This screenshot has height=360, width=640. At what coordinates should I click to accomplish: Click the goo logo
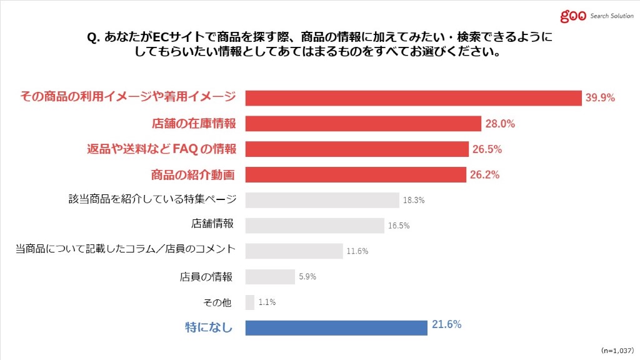point(573,16)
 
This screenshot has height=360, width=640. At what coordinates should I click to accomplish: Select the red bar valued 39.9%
point(414,98)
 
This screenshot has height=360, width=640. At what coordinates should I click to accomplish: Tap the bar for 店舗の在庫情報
point(363,124)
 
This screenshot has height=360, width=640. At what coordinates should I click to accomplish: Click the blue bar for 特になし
point(336,327)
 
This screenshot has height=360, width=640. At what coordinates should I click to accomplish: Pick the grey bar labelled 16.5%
point(314,225)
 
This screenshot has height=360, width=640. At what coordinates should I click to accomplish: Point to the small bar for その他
point(250,302)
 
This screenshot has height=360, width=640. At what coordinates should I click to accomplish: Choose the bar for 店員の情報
point(270,276)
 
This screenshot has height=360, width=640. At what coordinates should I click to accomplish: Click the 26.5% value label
point(487,149)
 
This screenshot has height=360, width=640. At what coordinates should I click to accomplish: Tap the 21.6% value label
point(446,324)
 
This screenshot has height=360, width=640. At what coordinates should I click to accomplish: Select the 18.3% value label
point(414,201)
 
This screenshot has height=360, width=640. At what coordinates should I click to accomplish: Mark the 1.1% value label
point(267,302)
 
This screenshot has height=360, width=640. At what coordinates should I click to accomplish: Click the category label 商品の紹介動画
point(193,175)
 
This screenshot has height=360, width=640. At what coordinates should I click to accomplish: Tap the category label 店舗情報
point(213,224)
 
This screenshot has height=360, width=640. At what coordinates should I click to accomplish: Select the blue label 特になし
point(209,327)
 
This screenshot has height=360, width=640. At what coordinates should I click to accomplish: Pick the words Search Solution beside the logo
point(612,16)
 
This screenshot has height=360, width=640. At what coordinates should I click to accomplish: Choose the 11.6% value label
point(357,251)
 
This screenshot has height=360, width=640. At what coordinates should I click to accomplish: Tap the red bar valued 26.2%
point(356,175)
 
